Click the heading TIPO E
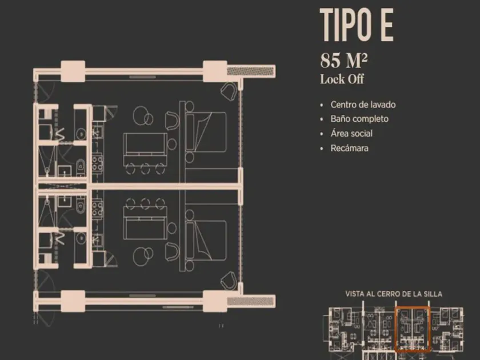click(x=357, y=25)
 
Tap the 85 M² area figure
click(x=343, y=61)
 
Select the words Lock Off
click(x=342, y=79)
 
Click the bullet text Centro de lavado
click(x=363, y=105)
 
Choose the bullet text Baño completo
click(x=359, y=119)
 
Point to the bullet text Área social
click(x=351, y=134)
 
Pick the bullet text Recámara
click(x=349, y=148)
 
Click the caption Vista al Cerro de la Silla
click(x=394, y=294)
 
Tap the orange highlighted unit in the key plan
click(x=413, y=329)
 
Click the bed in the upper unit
click(x=206, y=131)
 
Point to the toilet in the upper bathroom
click(x=81, y=167)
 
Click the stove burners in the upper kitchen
click(x=98, y=163)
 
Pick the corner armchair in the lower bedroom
click(x=229, y=281)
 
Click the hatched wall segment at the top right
click(x=250, y=71)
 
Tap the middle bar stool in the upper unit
click(x=145, y=169)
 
